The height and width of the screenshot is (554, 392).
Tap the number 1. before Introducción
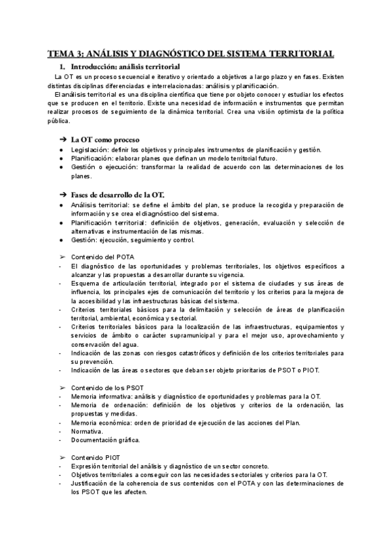[63, 67]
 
